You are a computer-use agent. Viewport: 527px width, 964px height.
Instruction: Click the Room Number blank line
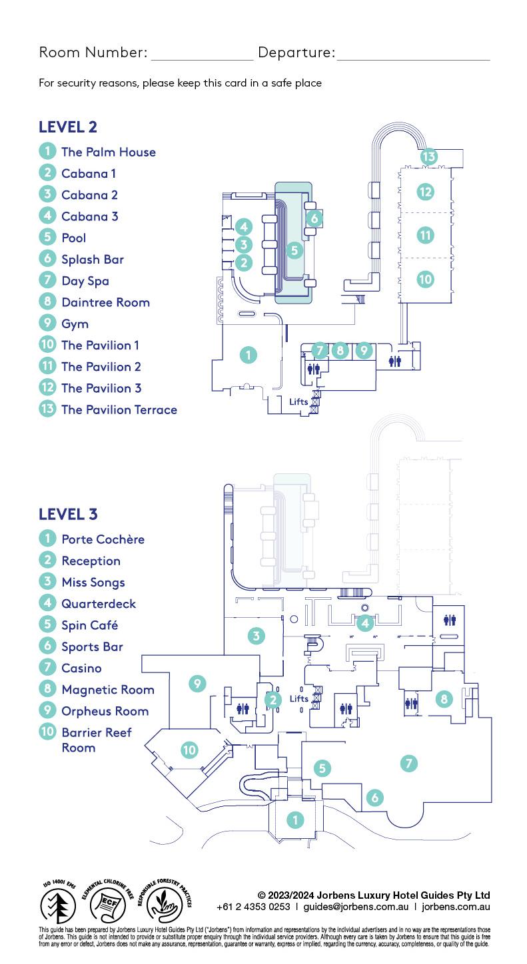click(202, 58)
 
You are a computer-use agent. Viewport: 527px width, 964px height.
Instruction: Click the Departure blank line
click(413, 58)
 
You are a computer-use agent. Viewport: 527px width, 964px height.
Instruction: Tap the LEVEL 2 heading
click(68, 126)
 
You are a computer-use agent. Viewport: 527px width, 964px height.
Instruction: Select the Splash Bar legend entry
click(93, 260)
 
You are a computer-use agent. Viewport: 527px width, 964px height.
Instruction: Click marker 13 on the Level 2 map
click(428, 157)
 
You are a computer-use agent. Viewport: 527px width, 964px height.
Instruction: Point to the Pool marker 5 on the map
click(294, 250)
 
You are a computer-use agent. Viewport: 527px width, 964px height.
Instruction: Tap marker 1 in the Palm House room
click(248, 355)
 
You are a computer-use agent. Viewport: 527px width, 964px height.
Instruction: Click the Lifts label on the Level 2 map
click(299, 401)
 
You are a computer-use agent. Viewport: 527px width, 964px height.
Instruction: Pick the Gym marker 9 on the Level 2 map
click(363, 350)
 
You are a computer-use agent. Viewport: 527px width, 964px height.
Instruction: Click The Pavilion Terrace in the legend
click(119, 409)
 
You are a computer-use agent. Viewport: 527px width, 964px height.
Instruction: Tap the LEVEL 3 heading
click(68, 514)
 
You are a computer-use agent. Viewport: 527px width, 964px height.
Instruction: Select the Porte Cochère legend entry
click(103, 539)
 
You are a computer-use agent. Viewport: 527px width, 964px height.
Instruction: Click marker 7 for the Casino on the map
click(409, 763)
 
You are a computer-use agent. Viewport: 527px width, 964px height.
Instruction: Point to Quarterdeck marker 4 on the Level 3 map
click(364, 623)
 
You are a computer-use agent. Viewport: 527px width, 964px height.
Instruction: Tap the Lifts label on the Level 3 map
click(299, 698)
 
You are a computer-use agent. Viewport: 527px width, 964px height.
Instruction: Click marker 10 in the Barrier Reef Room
click(190, 750)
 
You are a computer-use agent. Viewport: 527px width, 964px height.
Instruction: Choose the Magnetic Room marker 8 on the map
click(444, 698)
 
